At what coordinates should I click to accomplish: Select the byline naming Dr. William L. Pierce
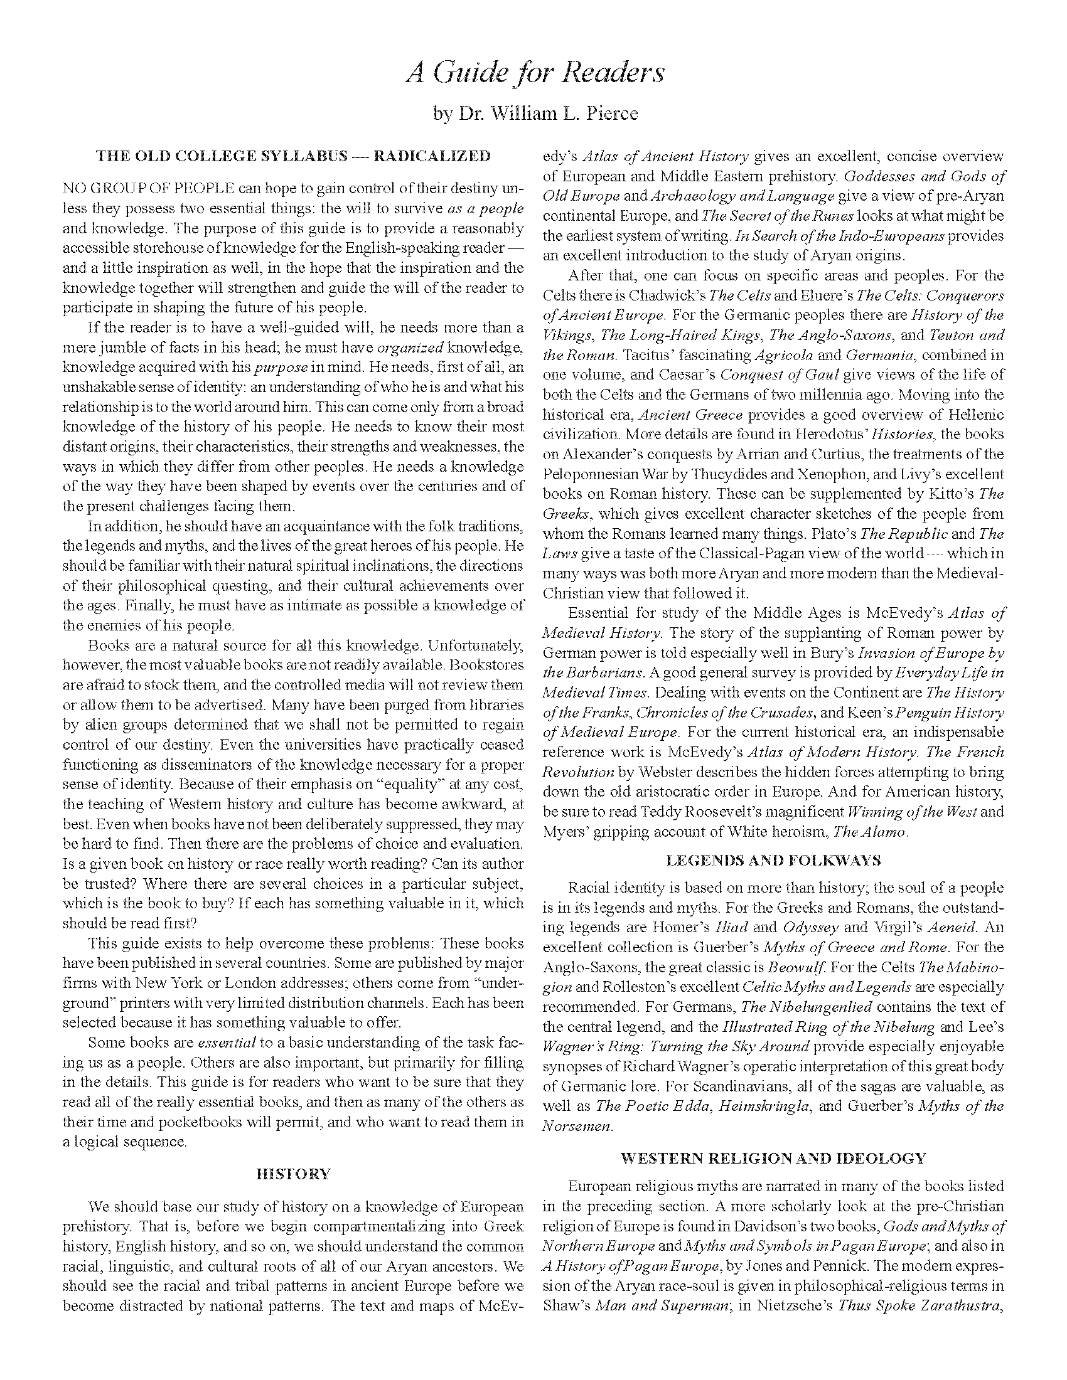[x=535, y=114]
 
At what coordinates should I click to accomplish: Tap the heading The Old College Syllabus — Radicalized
[x=292, y=156]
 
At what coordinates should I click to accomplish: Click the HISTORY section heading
[x=292, y=1174]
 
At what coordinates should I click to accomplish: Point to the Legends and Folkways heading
[x=773, y=860]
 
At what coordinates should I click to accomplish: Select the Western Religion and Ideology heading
[x=773, y=1158]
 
